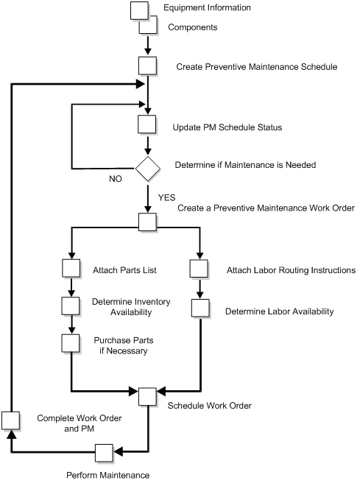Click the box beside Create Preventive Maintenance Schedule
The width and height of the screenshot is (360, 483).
coord(148,66)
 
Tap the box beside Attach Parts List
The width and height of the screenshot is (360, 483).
coord(71,269)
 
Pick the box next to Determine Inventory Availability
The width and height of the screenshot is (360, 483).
coord(71,306)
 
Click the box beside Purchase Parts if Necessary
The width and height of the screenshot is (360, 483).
coord(71,343)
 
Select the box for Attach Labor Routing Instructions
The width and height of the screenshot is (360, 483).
coord(199,269)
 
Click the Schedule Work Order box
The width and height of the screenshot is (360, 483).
coord(148,395)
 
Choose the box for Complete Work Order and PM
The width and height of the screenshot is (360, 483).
coord(10,420)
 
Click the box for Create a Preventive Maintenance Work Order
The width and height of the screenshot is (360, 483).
coord(148,222)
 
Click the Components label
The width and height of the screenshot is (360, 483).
coord(194,27)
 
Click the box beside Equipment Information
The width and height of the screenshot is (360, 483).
coord(139,11)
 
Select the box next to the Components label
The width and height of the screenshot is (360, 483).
coord(152,27)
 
